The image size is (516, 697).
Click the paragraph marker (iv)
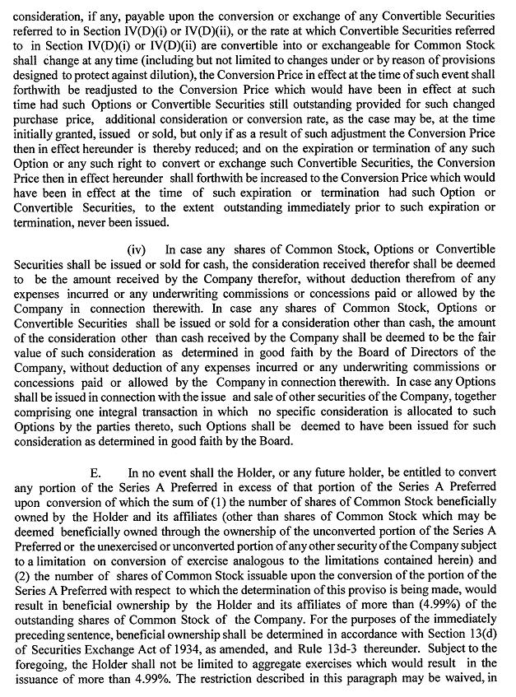tap(137, 249)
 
